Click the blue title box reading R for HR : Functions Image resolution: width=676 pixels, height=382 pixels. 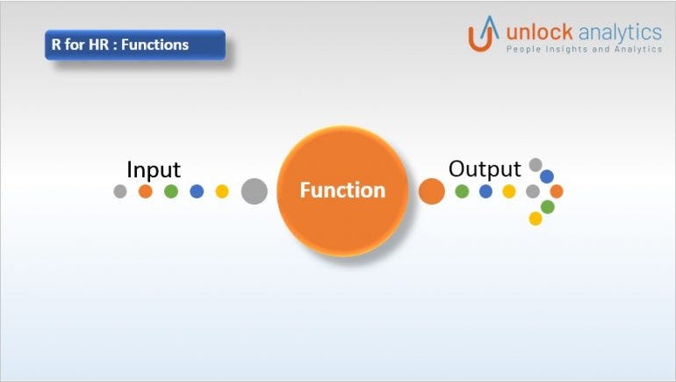(135, 45)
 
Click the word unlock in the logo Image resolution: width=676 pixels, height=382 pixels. (539, 32)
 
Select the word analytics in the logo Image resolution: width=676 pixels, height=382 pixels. (620, 32)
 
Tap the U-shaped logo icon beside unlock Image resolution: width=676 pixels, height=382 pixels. (484, 36)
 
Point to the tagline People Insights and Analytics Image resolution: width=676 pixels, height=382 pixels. (584, 50)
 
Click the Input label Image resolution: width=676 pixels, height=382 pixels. (154, 169)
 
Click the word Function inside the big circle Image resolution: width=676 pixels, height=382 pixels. (342, 191)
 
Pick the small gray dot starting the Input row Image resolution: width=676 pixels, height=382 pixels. (120, 191)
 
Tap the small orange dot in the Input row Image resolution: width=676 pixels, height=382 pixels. (146, 191)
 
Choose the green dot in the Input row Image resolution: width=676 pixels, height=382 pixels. (171, 191)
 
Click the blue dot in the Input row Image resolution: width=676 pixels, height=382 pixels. (197, 191)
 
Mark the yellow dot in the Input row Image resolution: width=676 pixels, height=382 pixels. (222, 191)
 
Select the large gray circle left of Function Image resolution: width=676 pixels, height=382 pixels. (254, 191)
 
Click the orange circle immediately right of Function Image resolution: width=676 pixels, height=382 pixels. (431, 191)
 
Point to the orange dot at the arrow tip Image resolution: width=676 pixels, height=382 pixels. (556, 191)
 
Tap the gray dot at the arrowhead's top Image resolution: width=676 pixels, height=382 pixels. (536, 164)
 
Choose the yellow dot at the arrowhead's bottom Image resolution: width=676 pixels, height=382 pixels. (536, 219)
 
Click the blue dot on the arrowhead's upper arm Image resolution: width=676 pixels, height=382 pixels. (547, 177)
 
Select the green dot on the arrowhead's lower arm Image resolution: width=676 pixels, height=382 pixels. (548, 206)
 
